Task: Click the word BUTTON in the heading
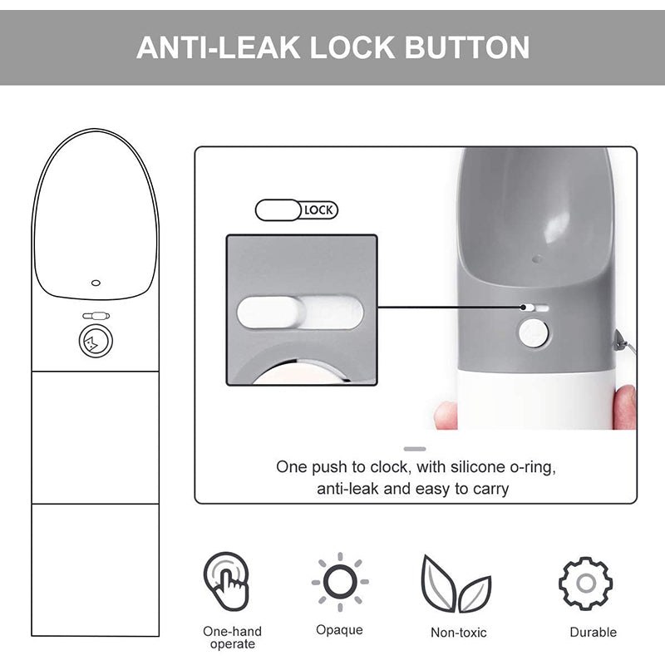tap(467, 47)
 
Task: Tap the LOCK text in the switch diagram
tap(319, 210)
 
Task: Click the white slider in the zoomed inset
tap(271, 313)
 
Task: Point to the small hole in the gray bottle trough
tap(536, 259)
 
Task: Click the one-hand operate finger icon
tap(226, 581)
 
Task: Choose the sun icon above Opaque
tap(340, 582)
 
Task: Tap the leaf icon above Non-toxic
tap(456, 584)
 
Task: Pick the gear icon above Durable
tap(586, 584)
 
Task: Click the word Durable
tap(593, 633)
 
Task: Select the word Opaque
tap(339, 630)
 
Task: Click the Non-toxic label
tap(459, 633)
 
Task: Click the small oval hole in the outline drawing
tap(96, 283)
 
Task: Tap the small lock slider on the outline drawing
tap(96, 316)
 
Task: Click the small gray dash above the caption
tap(415, 449)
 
